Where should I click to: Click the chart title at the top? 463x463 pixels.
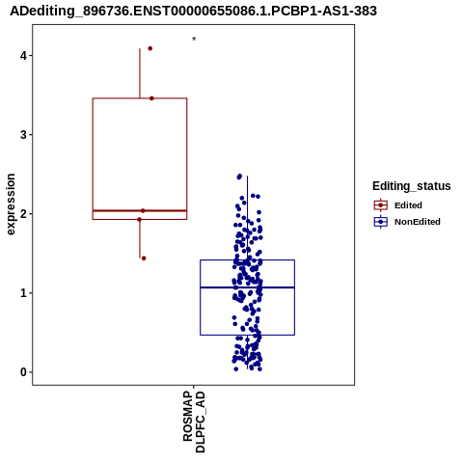coord(193,11)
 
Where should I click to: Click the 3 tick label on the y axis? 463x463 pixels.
coord(23,135)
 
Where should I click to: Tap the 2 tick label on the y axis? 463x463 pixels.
coord(23,214)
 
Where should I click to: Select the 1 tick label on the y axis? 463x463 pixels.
coord(23,293)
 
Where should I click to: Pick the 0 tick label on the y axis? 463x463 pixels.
coord(23,372)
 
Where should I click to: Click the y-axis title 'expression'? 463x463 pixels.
coord(11,204)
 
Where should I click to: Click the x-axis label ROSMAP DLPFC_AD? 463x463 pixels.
coord(194,422)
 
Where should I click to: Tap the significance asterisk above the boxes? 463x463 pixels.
coord(194,40)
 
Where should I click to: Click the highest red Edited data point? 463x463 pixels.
coord(150,48)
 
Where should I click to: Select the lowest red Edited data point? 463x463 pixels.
coord(144,259)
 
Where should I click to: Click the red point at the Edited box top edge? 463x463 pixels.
coord(151,98)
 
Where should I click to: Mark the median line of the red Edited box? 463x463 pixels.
coord(140,211)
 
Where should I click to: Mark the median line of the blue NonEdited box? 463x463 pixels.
coord(248,287)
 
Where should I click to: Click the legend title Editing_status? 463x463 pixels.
coord(412,186)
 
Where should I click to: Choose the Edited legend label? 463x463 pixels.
coord(408,205)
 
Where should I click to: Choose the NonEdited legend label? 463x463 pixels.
coord(418,222)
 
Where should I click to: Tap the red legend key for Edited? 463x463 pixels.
coord(381,205)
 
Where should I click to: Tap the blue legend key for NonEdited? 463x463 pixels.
coord(381,222)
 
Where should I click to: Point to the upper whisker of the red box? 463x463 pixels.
coord(140,73)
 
